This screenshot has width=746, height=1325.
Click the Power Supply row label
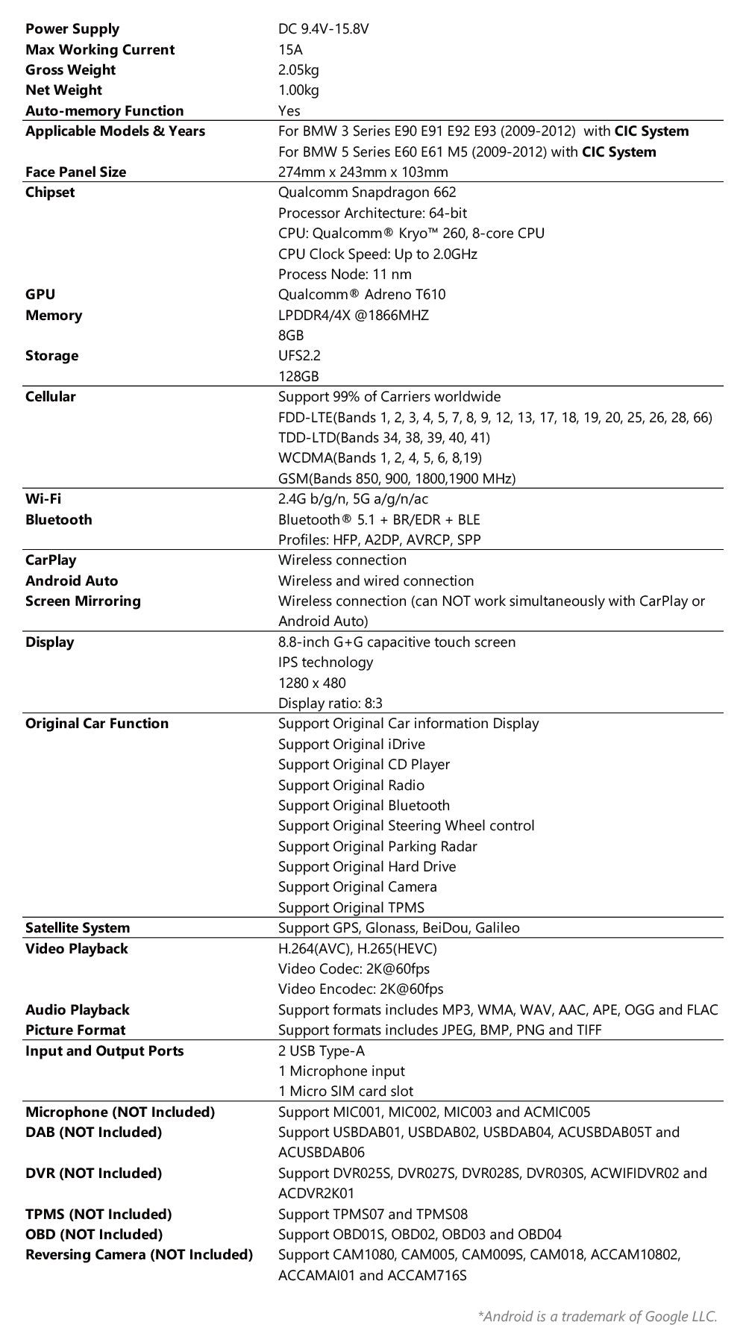coord(72,29)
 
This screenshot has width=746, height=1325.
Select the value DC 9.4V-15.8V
coord(324,29)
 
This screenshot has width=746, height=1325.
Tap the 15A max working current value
coord(291,50)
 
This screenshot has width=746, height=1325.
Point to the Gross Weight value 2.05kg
coord(298,70)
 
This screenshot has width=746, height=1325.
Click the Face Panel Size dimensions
coord(363,172)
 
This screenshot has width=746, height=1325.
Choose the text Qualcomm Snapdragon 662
coord(367,192)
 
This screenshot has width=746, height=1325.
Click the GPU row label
coord(40,295)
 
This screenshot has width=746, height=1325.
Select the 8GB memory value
coord(291,336)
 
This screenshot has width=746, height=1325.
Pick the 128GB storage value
coord(298,377)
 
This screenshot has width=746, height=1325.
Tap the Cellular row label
coord(51,397)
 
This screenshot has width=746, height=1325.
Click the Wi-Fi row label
coord(43,499)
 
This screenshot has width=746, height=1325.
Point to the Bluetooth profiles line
coord(380,540)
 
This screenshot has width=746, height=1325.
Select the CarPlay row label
coord(51,560)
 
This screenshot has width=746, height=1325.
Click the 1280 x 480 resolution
coord(312,683)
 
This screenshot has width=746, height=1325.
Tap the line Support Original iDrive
coord(351,745)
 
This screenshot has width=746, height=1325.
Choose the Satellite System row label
coord(78,928)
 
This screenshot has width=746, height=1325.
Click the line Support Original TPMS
coord(351,908)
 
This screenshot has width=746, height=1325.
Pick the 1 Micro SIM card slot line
coord(345,1091)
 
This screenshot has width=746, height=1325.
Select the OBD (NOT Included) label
coord(94,1235)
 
